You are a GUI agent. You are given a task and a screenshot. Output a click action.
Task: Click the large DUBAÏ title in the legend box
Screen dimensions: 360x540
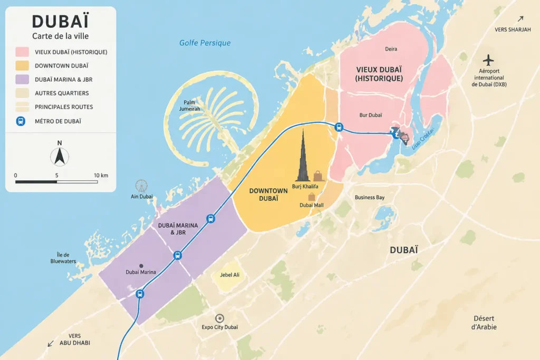pyautogui.click(x=60, y=21)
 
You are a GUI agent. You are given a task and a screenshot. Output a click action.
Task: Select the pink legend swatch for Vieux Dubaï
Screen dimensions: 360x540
pyautogui.click(x=22, y=52)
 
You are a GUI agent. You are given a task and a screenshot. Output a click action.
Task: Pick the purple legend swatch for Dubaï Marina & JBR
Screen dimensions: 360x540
pyautogui.click(x=22, y=80)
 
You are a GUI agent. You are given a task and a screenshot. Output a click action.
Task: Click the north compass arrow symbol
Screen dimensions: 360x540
pyautogui.click(x=59, y=156)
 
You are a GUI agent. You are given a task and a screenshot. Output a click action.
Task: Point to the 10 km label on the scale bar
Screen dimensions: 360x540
pyautogui.click(x=101, y=175)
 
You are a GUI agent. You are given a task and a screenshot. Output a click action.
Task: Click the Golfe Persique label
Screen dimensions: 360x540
pyautogui.click(x=205, y=43)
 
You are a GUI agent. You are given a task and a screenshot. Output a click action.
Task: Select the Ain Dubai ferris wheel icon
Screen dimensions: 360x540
pyautogui.click(x=141, y=186)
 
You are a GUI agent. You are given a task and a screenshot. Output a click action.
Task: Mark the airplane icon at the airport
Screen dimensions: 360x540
pyautogui.click(x=489, y=60)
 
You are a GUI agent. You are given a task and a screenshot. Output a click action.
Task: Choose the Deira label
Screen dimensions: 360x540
pyautogui.click(x=391, y=49)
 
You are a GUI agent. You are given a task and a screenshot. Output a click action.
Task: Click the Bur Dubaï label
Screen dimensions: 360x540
pyautogui.click(x=370, y=114)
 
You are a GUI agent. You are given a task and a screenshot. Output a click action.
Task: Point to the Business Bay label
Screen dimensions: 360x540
pyautogui.click(x=369, y=197)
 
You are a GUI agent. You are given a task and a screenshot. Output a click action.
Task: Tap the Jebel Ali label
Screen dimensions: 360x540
pyautogui.click(x=229, y=275)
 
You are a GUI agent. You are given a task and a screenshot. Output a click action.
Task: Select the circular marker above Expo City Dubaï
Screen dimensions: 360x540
pyautogui.click(x=219, y=318)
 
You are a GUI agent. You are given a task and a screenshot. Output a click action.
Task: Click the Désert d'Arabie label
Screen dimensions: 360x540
pyautogui.click(x=484, y=323)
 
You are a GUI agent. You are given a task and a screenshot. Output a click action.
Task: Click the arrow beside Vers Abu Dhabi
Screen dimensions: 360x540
pyautogui.click(x=51, y=343)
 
